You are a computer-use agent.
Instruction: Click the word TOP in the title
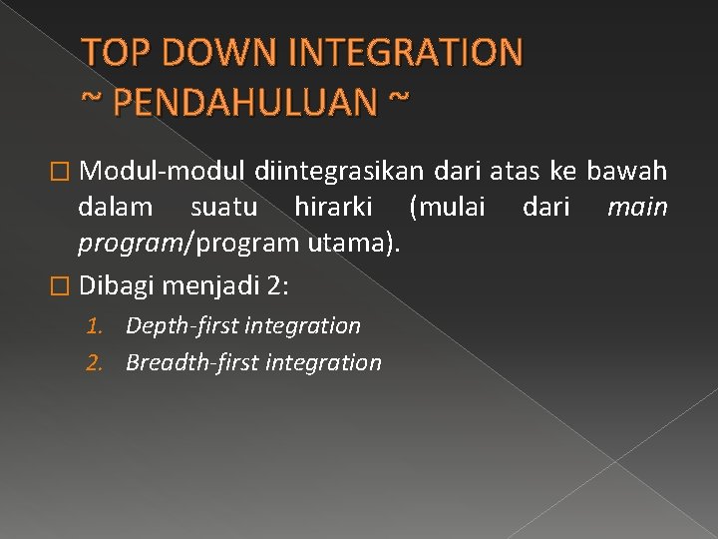click(x=112, y=52)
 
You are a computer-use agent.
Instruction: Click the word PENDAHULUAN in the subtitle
click(x=244, y=101)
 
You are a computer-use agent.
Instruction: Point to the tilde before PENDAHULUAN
click(x=91, y=101)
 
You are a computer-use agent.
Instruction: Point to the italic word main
click(x=637, y=209)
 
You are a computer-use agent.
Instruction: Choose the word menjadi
click(x=210, y=285)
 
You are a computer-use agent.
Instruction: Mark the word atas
click(x=516, y=172)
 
